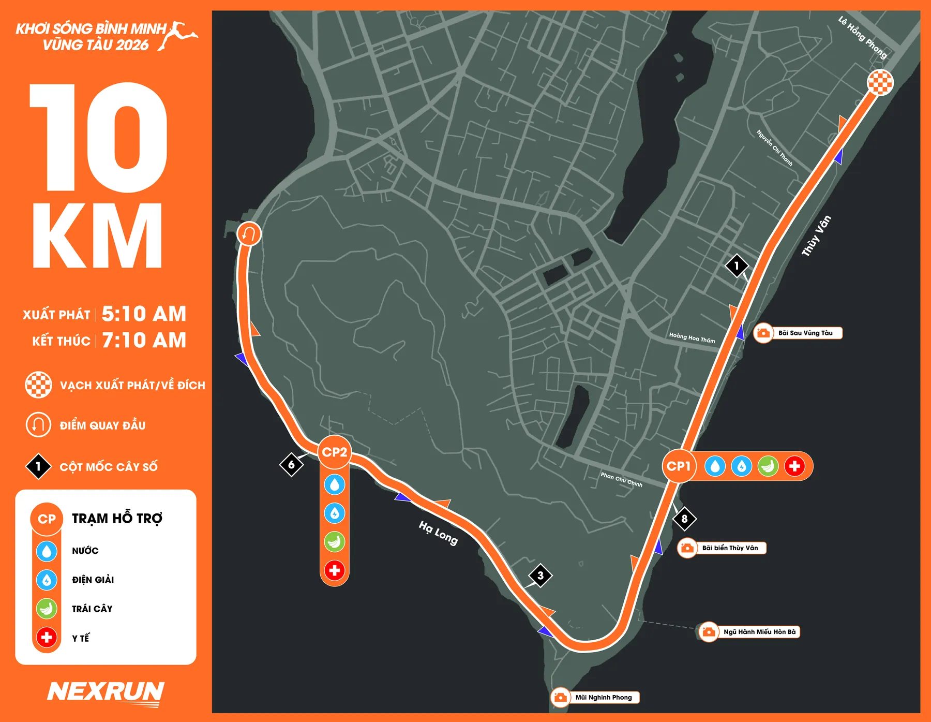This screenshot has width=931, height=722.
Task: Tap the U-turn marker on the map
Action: [x=249, y=234]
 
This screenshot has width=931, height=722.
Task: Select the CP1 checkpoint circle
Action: [x=679, y=466]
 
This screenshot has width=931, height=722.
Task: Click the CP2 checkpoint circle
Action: [x=335, y=452]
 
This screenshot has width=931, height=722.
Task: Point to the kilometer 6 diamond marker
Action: [x=291, y=464]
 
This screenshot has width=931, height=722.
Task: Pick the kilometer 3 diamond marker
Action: [x=540, y=575]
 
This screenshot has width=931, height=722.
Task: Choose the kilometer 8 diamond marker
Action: [x=684, y=518]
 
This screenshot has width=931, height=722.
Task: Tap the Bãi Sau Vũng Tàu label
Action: [x=805, y=333]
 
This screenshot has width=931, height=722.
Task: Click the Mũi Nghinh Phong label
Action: [x=603, y=697]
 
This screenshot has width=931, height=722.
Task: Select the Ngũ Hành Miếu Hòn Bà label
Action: [x=759, y=631]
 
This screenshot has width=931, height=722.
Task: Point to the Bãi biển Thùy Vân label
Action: [x=729, y=548]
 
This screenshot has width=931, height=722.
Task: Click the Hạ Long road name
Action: [x=438, y=533]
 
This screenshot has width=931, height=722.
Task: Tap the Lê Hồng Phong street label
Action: [x=862, y=37]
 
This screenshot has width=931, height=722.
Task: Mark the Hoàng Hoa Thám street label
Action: [x=692, y=337]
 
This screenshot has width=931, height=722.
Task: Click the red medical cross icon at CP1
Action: [x=794, y=466]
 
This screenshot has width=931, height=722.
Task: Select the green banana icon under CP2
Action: [x=335, y=542]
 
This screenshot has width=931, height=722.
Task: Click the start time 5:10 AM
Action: [x=144, y=314]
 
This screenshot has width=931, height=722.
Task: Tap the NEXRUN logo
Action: [x=106, y=692]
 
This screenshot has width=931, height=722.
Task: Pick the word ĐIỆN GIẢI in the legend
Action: [x=93, y=580]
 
